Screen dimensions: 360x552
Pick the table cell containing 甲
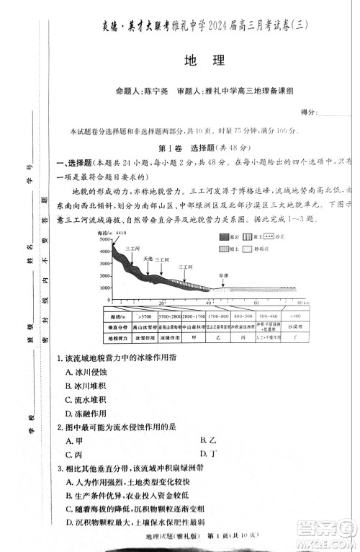click(194, 337)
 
